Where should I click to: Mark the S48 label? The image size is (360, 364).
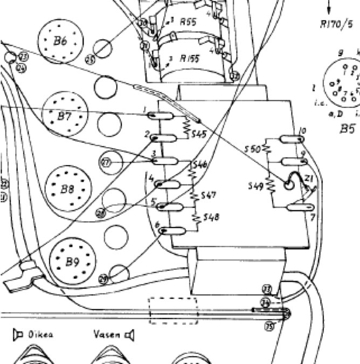coord(211,217)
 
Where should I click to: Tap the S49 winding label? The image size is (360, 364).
coord(255,186)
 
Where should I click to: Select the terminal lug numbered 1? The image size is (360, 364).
coord(159,115)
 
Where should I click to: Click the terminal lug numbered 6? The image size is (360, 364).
coord(174,231)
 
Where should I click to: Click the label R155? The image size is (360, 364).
coord(190,58)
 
